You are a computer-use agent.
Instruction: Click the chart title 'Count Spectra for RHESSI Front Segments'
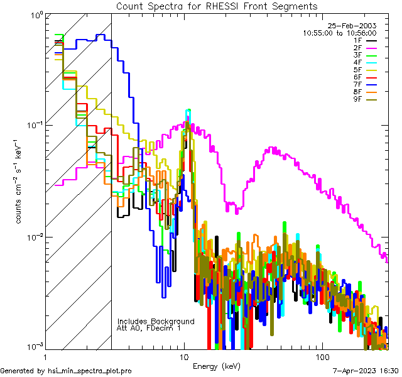217,6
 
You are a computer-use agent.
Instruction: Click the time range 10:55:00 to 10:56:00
339,33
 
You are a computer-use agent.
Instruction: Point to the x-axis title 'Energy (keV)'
217,366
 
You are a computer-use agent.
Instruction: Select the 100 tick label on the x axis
322,356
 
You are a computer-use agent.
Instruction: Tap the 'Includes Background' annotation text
156,321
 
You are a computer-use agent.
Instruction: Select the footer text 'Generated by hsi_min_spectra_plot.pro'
66,371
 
